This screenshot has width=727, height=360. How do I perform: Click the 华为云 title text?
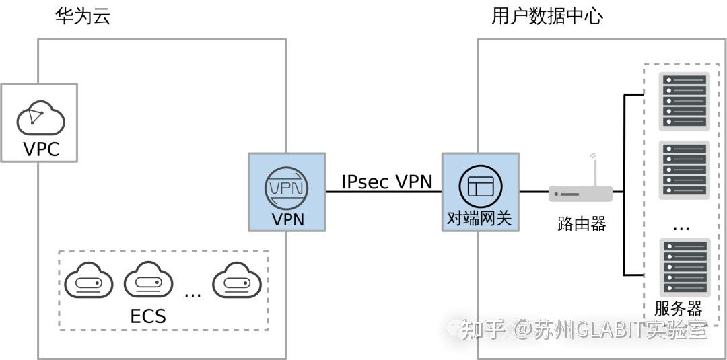[82, 16]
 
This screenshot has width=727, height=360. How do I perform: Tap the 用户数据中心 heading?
[547, 16]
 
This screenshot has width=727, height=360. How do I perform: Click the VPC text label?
[41, 149]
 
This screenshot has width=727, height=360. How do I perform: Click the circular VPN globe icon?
[286, 188]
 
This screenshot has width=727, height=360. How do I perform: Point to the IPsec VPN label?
[386, 182]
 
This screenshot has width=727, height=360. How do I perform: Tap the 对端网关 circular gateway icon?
[480, 186]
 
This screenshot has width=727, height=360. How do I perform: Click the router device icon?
[580, 194]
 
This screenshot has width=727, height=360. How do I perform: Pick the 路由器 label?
[582, 224]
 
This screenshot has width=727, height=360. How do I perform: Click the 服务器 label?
[679, 309]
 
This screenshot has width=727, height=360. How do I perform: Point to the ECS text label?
[147, 316]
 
